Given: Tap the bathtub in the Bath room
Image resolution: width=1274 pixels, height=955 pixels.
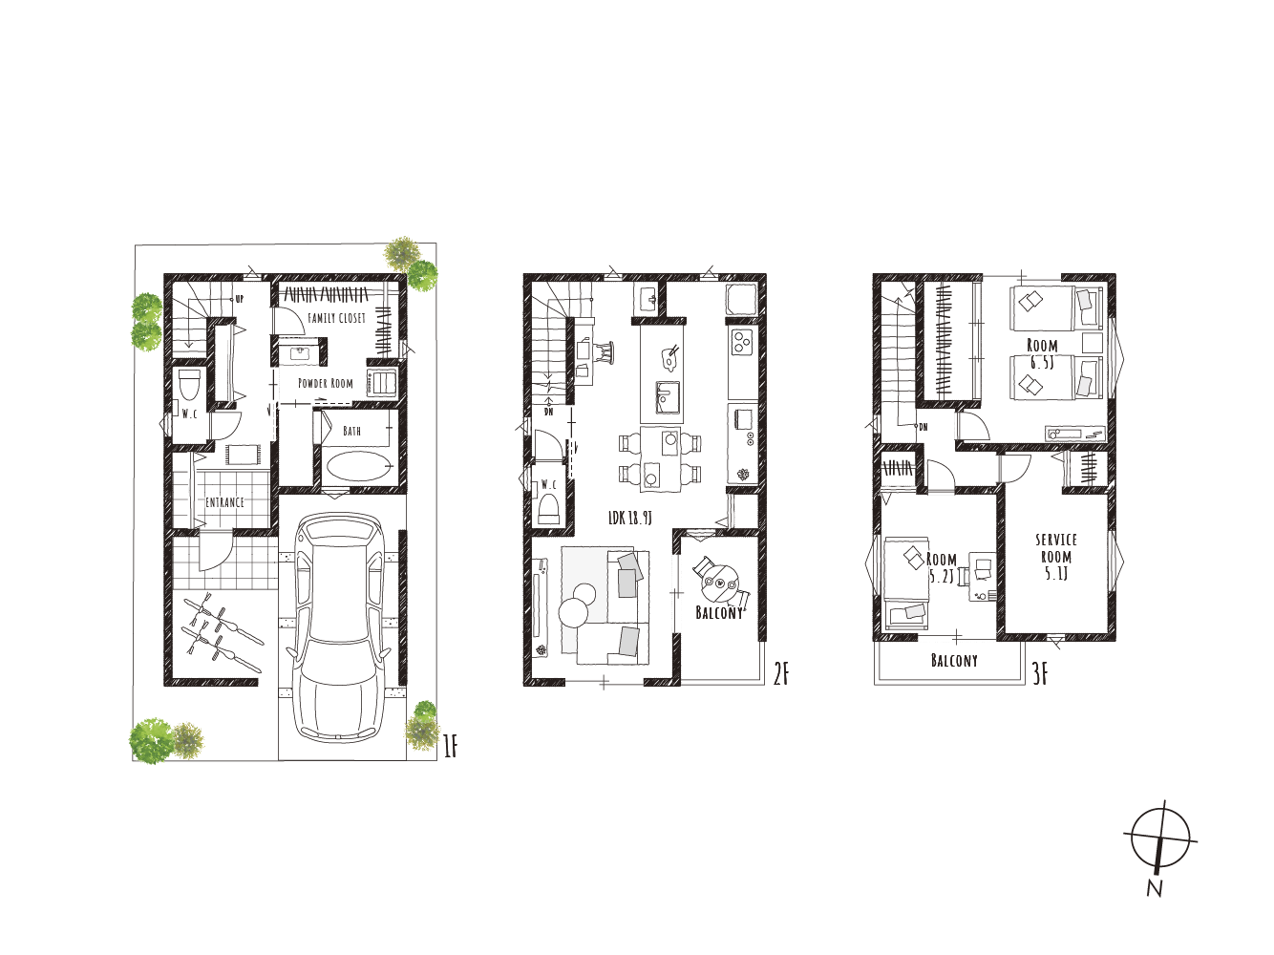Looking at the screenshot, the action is pos(360,466).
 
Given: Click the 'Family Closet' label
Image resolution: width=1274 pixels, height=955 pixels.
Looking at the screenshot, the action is pos(336,318).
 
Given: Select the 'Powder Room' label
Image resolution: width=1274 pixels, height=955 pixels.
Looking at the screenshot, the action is pos(325,384).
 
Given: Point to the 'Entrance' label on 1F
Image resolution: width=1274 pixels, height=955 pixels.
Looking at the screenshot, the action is pos(224,502).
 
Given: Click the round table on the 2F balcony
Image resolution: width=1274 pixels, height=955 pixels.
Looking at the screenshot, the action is pos(719,584).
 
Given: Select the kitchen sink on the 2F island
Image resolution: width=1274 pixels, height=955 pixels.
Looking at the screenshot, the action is pos(668,397).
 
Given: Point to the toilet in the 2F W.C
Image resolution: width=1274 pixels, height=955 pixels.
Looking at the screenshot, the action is pos(548,509).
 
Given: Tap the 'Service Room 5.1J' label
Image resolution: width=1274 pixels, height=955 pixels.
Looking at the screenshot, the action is pos(1055,557).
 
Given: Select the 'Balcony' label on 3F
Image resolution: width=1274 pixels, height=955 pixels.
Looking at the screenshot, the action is pos(954,660).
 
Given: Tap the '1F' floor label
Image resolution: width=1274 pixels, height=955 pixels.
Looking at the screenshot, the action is pos(451,746).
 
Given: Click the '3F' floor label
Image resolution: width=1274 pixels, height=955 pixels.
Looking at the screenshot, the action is pos(1040,675).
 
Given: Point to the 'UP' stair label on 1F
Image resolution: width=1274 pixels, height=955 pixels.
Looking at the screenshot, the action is pos(239,299).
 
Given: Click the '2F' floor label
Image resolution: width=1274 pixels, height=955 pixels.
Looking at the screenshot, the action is pos(780,674).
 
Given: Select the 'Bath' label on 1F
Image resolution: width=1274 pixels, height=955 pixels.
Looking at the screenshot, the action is pos(351,431).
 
